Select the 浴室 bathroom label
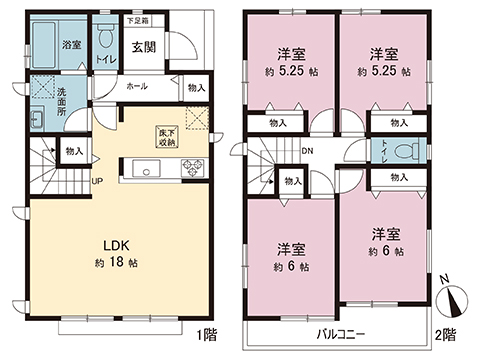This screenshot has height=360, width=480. [71, 45]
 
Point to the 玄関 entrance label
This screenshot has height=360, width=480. [141, 46]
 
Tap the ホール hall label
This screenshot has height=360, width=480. [138, 87]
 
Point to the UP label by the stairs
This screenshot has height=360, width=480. [96, 181]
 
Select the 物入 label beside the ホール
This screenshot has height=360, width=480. [197, 88]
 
